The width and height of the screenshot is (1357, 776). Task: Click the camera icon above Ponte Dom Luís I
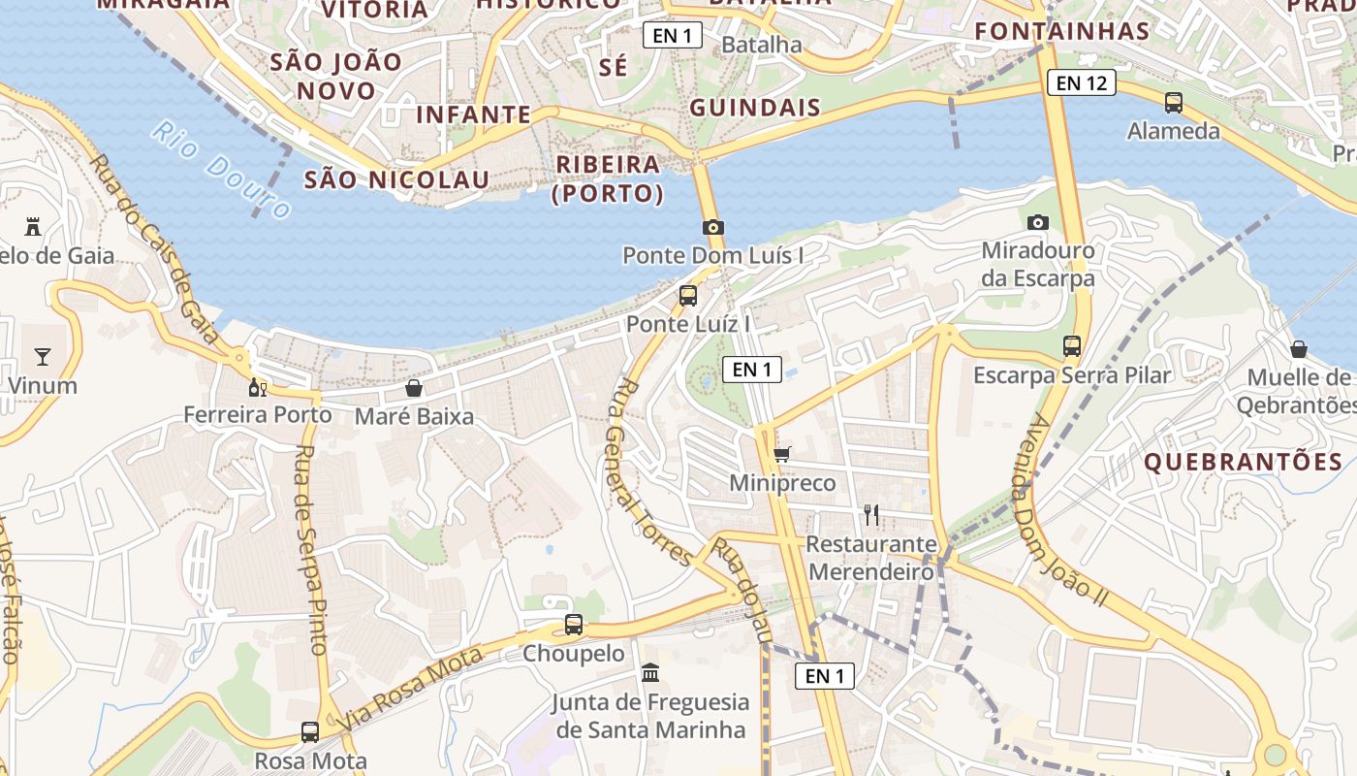[x=713, y=227]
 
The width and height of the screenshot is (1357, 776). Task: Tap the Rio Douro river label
[x=222, y=170]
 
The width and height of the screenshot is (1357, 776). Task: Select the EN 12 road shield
[x=1082, y=83]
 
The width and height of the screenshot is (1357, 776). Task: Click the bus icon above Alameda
[x=1173, y=102]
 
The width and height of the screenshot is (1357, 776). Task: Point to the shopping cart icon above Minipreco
[x=782, y=453]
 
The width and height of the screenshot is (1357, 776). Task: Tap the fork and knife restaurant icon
[x=871, y=514]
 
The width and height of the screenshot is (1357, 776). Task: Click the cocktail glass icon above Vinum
[x=43, y=357]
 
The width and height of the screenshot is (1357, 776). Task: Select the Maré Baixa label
[x=414, y=416]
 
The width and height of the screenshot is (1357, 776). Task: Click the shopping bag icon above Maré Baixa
[x=414, y=388]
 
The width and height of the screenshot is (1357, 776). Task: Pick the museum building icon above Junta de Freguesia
[x=650, y=672]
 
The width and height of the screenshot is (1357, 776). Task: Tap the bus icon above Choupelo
[x=574, y=625]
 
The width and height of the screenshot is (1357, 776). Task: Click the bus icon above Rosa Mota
[x=310, y=731]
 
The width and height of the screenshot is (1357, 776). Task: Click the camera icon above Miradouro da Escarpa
[x=1038, y=222]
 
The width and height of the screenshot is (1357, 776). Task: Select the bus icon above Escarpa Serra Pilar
[x=1071, y=345]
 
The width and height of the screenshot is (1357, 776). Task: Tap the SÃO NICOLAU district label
[x=397, y=179]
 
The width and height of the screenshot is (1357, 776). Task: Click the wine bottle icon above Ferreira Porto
[x=257, y=387]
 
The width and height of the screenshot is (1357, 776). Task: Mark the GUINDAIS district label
[x=755, y=108]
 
